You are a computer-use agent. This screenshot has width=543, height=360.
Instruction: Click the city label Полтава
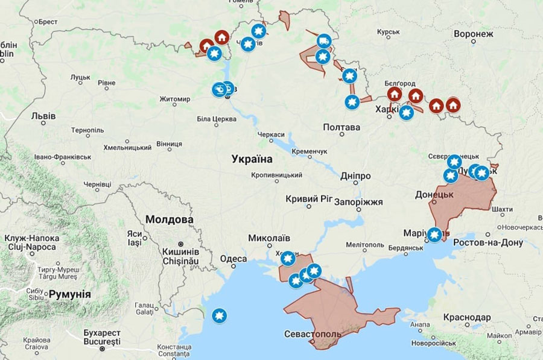point(341,127)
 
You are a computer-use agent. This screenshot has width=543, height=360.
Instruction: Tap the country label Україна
point(252,159)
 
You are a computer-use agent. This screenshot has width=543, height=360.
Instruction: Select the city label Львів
point(43,116)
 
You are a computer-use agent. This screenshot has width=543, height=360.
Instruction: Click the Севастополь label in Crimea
point(313,334)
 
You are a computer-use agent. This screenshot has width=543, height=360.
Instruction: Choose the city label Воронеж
point(474,34)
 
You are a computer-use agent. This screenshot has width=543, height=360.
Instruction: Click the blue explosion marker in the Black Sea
point(219,315)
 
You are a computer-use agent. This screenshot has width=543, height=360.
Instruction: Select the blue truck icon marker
point(324,41)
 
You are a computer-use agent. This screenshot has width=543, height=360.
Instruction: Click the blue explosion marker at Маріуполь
point(434,235)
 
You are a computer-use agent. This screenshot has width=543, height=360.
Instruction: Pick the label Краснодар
point(466,317)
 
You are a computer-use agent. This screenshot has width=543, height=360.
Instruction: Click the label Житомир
point(174,99)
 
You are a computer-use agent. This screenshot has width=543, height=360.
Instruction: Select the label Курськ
point(389,32)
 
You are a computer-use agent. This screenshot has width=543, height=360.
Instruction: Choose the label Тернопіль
point(87,130)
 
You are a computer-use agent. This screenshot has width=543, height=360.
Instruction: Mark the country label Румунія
point(69,294)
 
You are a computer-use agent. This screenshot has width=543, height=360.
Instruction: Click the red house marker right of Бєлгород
point(415,95)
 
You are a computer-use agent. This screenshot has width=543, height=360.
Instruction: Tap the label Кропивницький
point(277,175)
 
